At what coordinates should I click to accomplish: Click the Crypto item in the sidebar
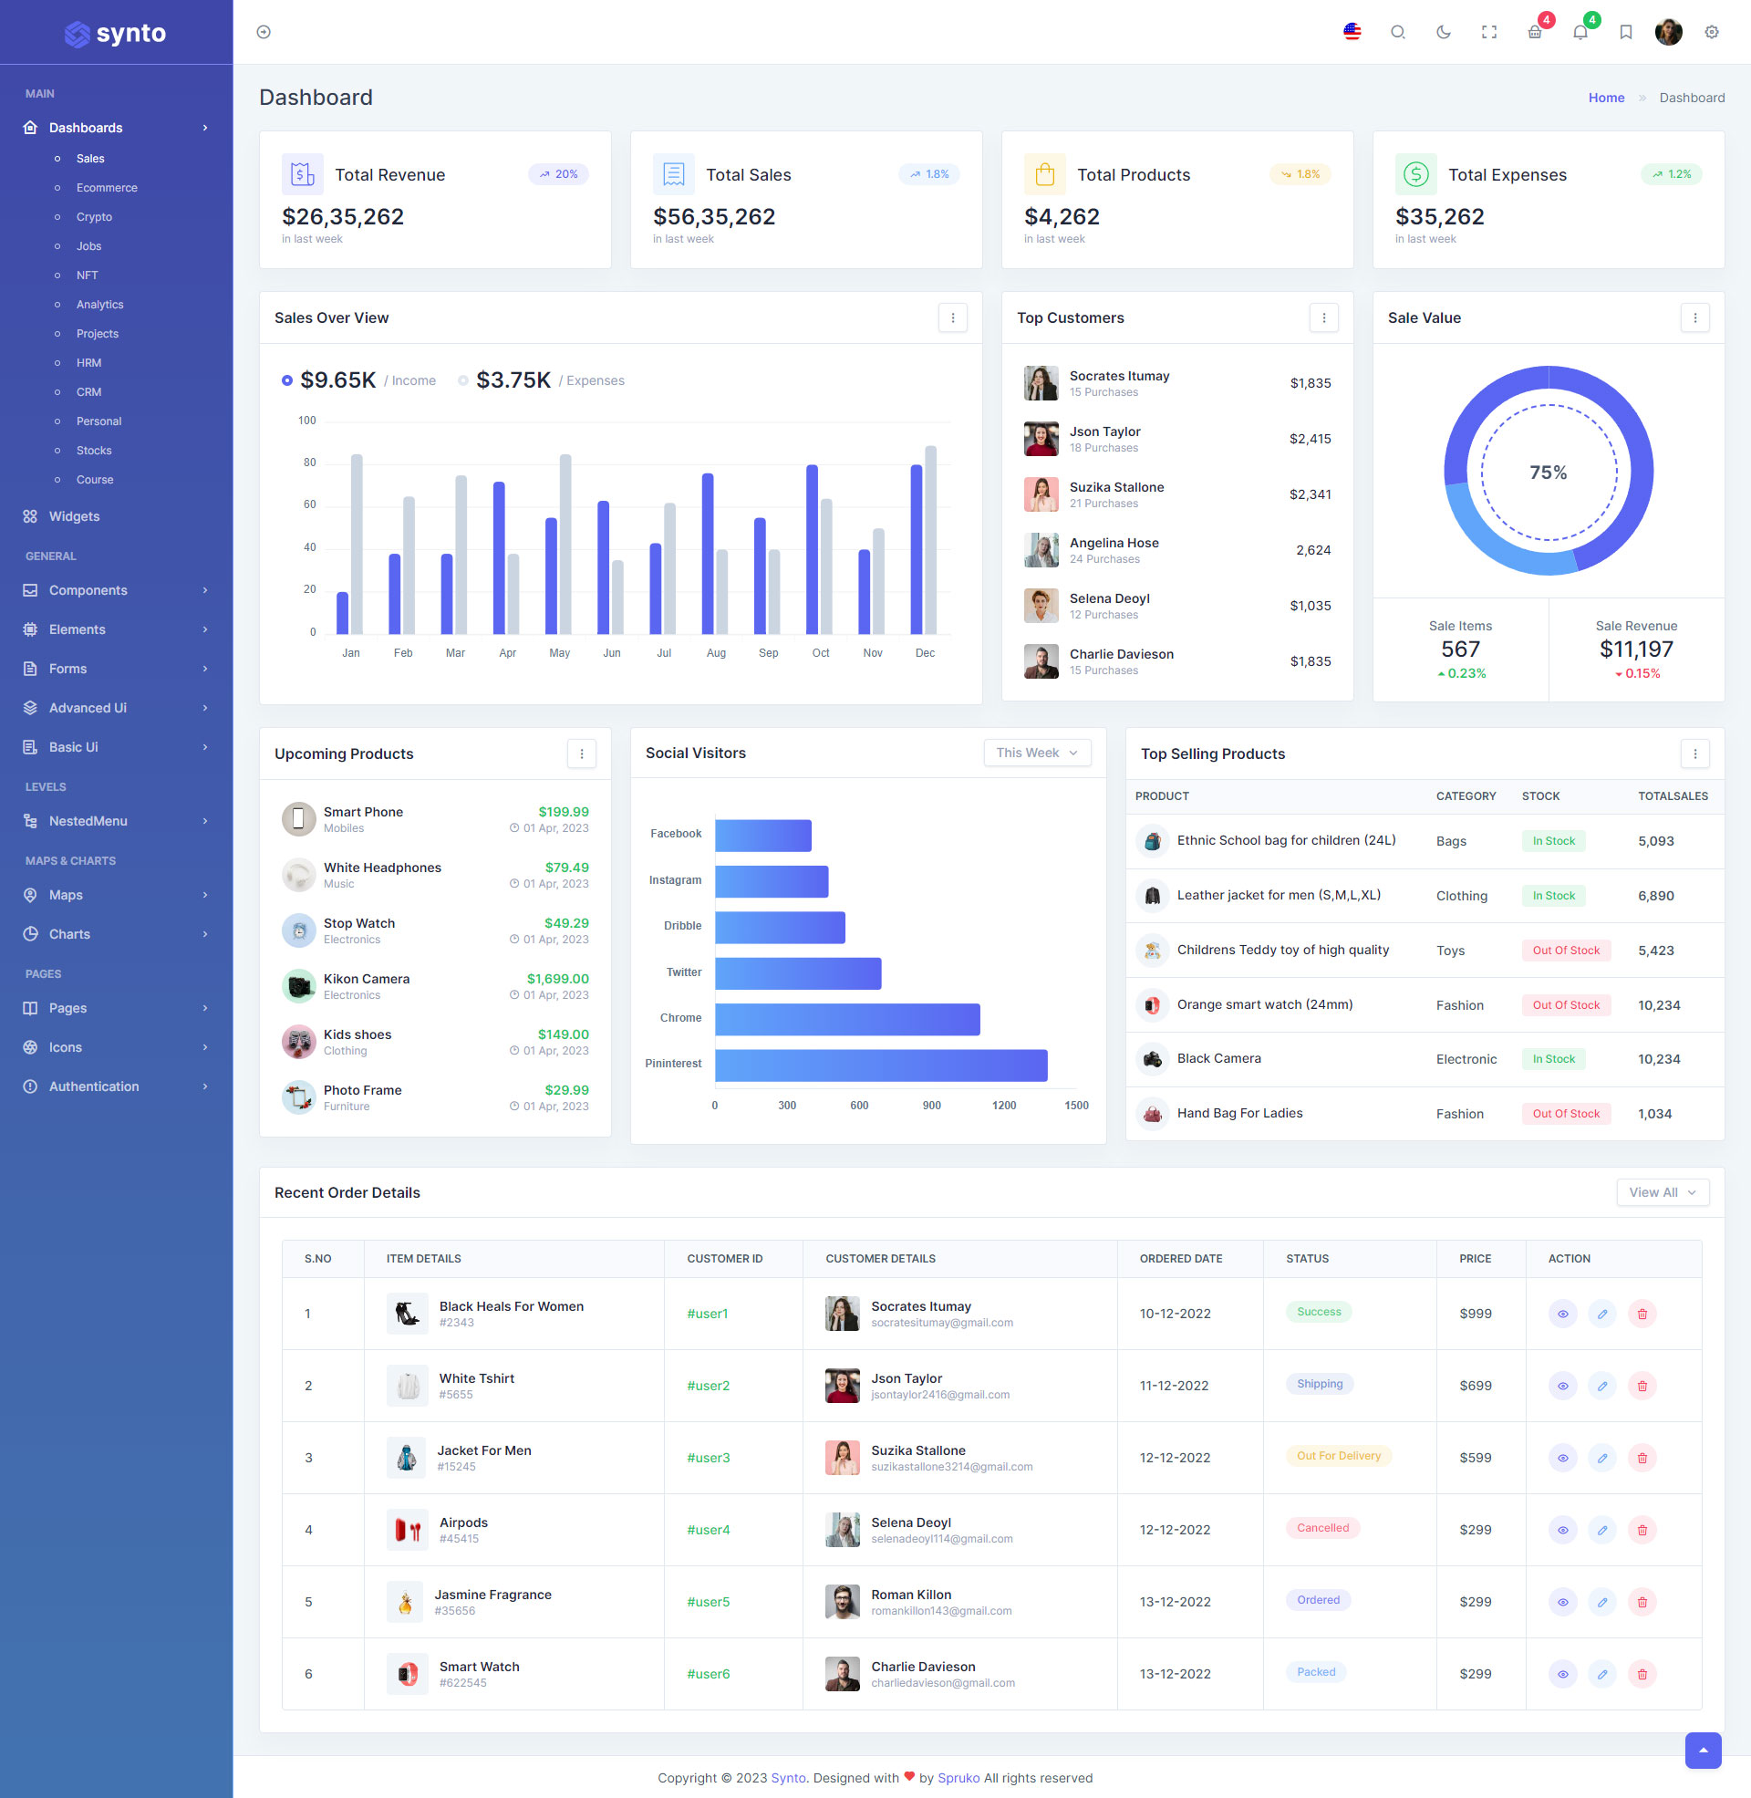[94, 217]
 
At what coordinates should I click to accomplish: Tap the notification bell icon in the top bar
[1580, 33]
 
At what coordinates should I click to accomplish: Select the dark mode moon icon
[1443, 33]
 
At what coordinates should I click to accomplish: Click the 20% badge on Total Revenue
[559, 175]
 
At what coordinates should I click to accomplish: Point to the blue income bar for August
[707, 554]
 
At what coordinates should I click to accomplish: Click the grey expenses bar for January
[357, 544]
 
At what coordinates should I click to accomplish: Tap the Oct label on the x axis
[820, 653]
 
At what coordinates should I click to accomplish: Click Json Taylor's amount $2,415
[1310, 439]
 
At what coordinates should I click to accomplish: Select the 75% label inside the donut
[1548, 473]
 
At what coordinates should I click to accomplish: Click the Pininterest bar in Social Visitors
[880, 1065]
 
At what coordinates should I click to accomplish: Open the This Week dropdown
[1036, 753]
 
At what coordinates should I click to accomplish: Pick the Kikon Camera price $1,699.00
[557, 979]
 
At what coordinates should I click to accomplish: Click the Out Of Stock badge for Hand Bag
[1565, 1114]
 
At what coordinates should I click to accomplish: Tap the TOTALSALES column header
[1672, 796]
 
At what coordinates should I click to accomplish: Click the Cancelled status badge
[1322, 1528]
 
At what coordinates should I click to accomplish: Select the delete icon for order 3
[1642, 1458]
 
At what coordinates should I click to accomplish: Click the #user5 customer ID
[708, 1601]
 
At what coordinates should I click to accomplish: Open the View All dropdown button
[1662, 1192]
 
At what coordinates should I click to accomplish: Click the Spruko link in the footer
[958, 1778]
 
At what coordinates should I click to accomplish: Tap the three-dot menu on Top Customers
[1323, 318]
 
